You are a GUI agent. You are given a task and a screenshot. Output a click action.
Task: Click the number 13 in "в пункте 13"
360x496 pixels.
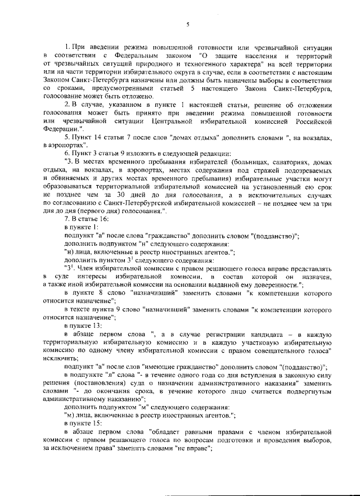point(96,326)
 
